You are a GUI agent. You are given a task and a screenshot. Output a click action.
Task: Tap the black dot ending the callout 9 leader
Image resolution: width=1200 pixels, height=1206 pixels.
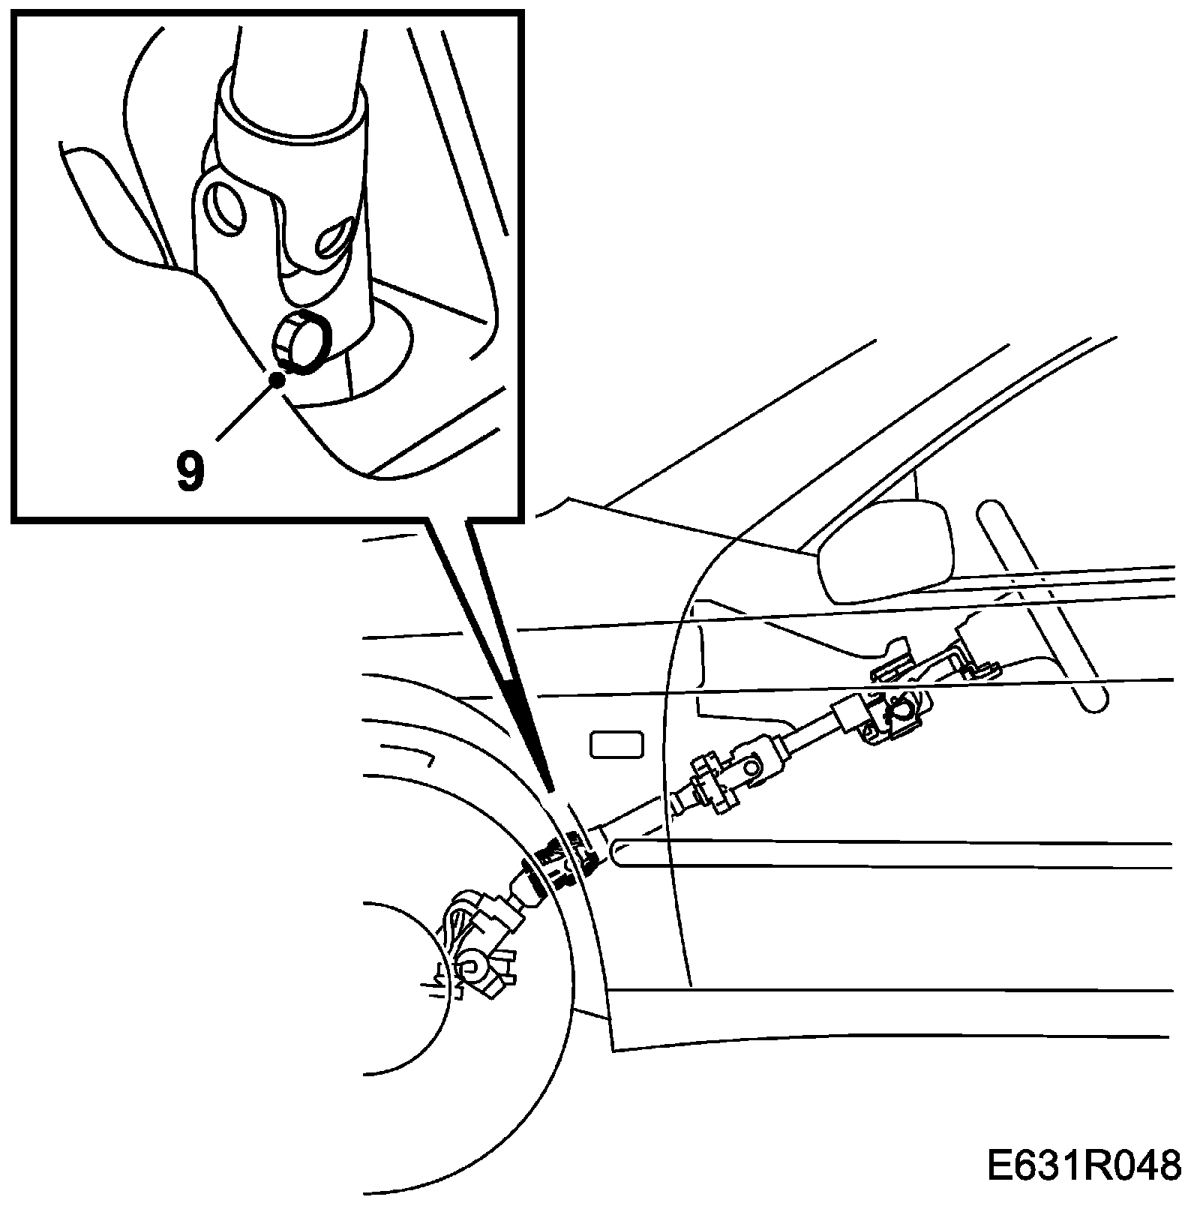(x=278, y=379)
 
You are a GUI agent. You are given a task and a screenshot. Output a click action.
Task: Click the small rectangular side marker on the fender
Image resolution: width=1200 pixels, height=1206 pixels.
(x=617, y=745)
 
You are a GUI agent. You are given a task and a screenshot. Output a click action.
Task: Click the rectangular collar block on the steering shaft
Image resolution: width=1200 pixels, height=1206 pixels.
(x=850, y=715)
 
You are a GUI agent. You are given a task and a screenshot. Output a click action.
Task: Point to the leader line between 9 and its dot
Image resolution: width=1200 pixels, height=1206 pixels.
(x=247, y=409)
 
